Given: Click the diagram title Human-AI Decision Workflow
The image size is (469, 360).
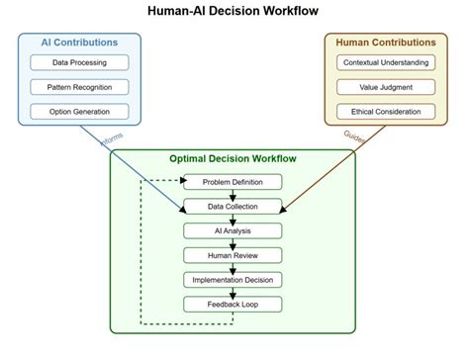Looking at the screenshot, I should click(234, 12).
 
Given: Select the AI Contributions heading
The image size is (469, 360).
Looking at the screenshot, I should click(78, 43).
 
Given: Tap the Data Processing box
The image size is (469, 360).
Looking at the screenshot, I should click(78, 63).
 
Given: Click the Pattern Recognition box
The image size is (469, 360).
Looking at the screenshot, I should click(78, 87).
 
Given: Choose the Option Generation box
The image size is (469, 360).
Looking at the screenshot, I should click(78, 111).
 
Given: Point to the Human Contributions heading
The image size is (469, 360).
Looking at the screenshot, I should click(386, 43).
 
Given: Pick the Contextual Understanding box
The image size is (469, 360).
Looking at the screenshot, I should click(386, 63).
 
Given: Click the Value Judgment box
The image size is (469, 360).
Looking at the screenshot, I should click(386, 87).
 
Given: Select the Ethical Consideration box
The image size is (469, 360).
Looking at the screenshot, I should click(386, 111).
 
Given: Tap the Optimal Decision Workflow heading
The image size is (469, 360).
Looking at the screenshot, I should click(234, 158).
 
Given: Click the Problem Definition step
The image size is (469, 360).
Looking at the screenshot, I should click(234, 182).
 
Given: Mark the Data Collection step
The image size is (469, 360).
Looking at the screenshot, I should click(234, 206).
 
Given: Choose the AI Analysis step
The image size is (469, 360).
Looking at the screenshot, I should click(234, 230).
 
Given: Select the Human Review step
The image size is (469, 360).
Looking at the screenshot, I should click(234, 254).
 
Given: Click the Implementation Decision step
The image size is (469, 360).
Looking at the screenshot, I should click(234, 279).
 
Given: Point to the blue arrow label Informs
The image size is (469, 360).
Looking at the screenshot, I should click(113, 139).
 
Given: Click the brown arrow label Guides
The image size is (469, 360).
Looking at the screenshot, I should click(353, 136).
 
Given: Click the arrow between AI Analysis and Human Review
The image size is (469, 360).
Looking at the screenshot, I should click(234, 242).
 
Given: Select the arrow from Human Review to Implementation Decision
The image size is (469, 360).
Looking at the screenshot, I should click(234, 266).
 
